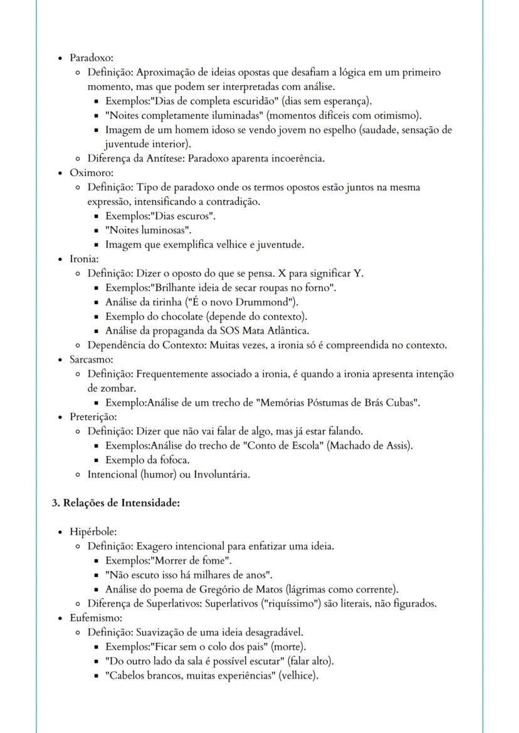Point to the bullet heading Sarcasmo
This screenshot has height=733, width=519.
[x=91, y=360]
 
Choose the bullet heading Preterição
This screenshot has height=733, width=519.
[x=93, y=417]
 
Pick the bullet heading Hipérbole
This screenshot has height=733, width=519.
[x=93, y=531]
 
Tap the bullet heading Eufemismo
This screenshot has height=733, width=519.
[x=95, y=618]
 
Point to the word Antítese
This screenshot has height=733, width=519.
[x=153, y=158]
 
